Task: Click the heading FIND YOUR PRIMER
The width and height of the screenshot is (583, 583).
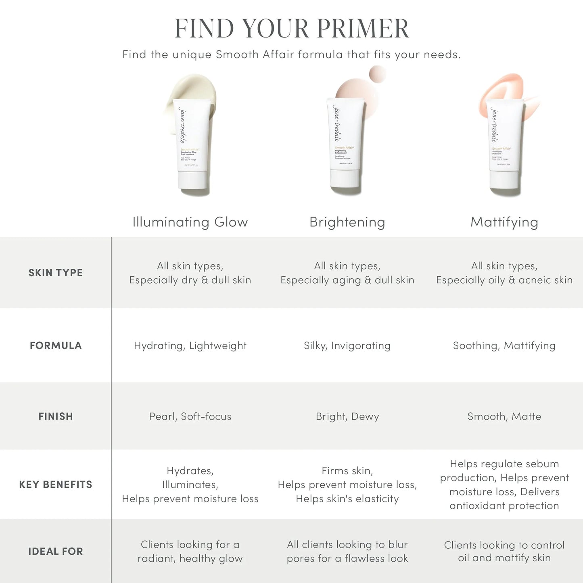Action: tap(292, 28)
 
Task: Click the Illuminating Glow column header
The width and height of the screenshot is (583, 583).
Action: tap(190, 222)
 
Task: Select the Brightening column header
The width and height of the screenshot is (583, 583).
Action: tap(347, 222)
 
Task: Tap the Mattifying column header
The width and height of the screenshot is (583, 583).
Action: tap(504, 222)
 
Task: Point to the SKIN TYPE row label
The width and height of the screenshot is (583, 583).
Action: tap(56, 273)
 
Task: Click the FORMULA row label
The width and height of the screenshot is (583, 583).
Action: tap(56, 345)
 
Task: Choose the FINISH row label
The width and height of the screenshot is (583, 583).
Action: tap(56, 416)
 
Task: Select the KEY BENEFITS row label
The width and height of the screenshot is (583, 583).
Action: tap(56, 485)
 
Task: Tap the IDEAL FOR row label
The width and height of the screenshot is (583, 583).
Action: tap(56, 552)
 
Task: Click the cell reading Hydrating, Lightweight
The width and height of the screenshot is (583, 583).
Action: tap(190, 345)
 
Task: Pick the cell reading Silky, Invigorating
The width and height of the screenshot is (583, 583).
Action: tap(347, 345)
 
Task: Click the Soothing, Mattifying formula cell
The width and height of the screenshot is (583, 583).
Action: tap(504, 345)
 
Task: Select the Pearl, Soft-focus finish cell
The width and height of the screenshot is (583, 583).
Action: tap(190, 416)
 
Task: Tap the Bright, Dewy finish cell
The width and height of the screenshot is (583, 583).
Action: tap(347, 416)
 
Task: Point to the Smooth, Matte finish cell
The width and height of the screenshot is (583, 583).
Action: tap(504, 416)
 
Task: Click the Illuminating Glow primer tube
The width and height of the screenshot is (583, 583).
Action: tap(194, 141)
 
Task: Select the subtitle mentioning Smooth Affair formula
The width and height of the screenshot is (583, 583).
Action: tap(292, 54)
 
